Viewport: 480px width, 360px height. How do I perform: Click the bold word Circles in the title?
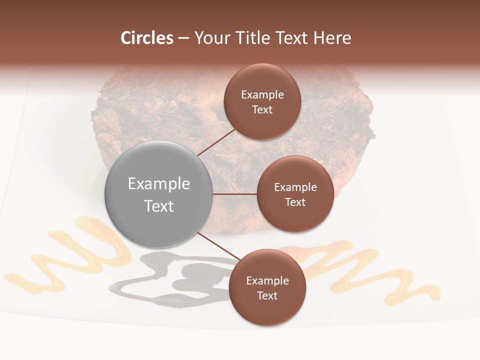point(147,38)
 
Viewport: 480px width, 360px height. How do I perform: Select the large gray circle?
point(158,194)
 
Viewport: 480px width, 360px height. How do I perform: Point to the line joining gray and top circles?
point(217,142)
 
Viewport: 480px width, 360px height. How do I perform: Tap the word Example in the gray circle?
point(158,184)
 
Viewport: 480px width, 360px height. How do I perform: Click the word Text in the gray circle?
point(158,206)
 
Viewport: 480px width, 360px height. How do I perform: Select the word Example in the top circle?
point(262,95)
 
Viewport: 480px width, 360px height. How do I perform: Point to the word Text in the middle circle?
point(295,202)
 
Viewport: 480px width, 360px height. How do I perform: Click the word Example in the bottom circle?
point(267,281)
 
